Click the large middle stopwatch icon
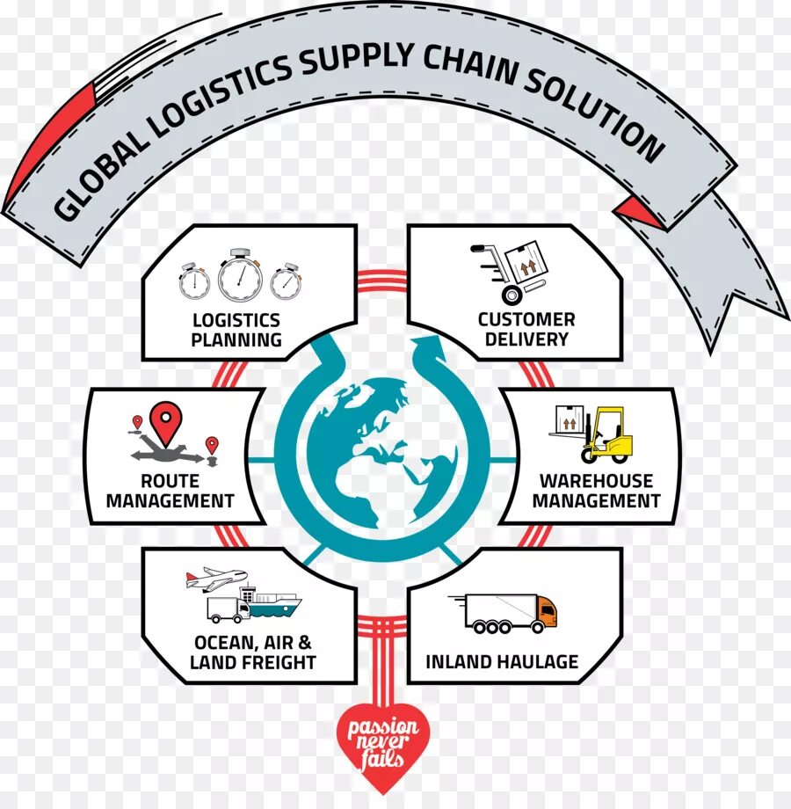point(240,274)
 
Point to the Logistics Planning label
point(237,330)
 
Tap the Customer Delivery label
point(526,329)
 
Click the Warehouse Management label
point(596,491)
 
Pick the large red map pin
point(164,422)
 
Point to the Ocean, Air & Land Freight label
point(252,652)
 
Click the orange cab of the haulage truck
point(547,611)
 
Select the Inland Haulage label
point(502,661)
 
